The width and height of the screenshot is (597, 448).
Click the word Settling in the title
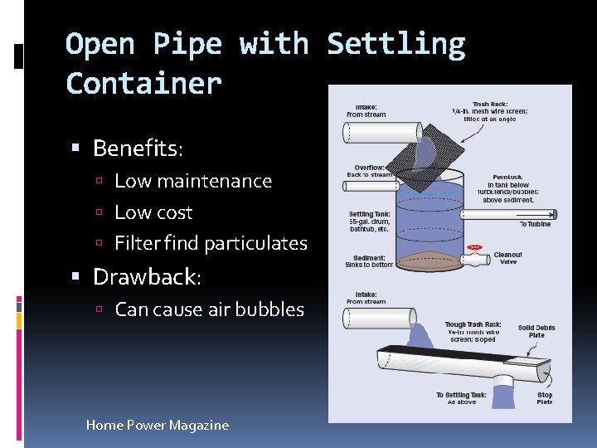(x=396, y=45)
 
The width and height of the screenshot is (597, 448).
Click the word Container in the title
(x=143, y=84)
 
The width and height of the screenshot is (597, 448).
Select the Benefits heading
(x=138, y=149)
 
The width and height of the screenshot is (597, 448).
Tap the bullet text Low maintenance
(x=192, y=181)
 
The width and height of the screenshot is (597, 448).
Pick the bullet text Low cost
(x=153, y=212)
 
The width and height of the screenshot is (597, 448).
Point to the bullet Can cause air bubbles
(x=209, y=309)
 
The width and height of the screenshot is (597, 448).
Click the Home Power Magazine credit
(x=158, y=425)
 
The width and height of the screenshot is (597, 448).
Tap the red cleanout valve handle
(x=474, y=247)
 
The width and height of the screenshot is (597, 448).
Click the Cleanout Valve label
(x=507, y=258)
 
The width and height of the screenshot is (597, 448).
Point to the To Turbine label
(x=535, y=224)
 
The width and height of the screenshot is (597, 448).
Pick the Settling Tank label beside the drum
(x=370, y=222)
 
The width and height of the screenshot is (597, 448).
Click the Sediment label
(x=369, y=261)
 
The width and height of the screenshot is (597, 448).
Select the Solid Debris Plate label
(x=536, y=331)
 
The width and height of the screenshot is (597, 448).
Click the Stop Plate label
(x=544, y=398)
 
